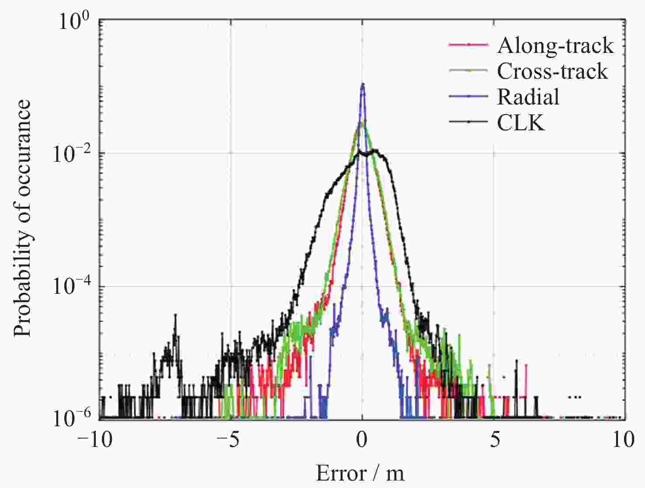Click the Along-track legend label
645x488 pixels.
555,45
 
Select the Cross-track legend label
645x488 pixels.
552,71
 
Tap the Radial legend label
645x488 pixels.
528,97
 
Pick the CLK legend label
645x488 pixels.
521,123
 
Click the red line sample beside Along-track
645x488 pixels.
468,45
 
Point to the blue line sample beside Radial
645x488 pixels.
468,97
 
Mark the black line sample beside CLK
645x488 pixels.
468,122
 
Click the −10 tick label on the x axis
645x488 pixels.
100,439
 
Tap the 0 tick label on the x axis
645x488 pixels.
362,439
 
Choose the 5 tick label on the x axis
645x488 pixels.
494,439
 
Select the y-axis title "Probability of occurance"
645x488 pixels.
23,218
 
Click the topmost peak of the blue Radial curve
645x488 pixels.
362,84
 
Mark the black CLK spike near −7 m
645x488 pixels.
175,315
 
